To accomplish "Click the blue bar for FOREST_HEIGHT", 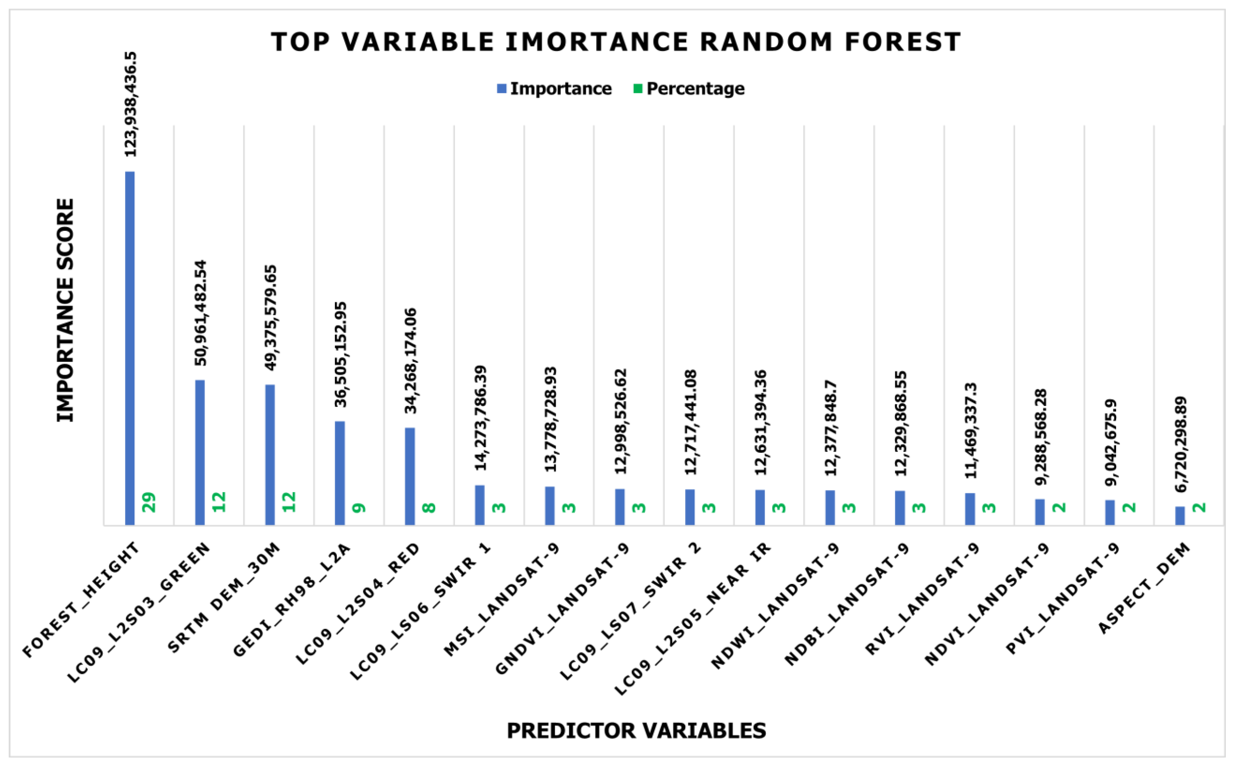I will click(x=129, y=348).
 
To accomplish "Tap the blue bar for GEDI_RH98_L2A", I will click(x=340, y=473).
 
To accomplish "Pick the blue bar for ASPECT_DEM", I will click(x=1179, y=516).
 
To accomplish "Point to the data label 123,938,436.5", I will click(x=131, y=105).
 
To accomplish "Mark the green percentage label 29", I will click(x=150, y=503).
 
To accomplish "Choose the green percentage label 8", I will click(x=429, y=508).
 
